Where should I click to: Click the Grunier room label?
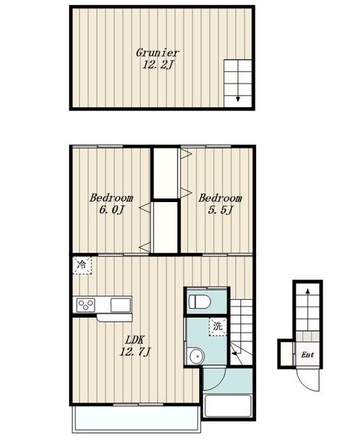[157, 53]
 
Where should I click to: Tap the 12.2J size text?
[157, 66]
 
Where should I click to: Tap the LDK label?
[134, 346]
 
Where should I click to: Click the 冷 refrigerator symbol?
[82, 266]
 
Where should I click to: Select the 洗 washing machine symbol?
[218, 327]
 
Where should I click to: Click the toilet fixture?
[199, 301]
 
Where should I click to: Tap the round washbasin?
[196, 356]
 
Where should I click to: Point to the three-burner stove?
[86, 305]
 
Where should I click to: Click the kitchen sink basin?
[120, 305]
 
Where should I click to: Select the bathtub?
[228, 406]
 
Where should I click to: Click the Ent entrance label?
[308, 355]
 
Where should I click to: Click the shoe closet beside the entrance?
[286, 354]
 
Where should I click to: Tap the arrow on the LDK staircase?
[236, 353]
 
